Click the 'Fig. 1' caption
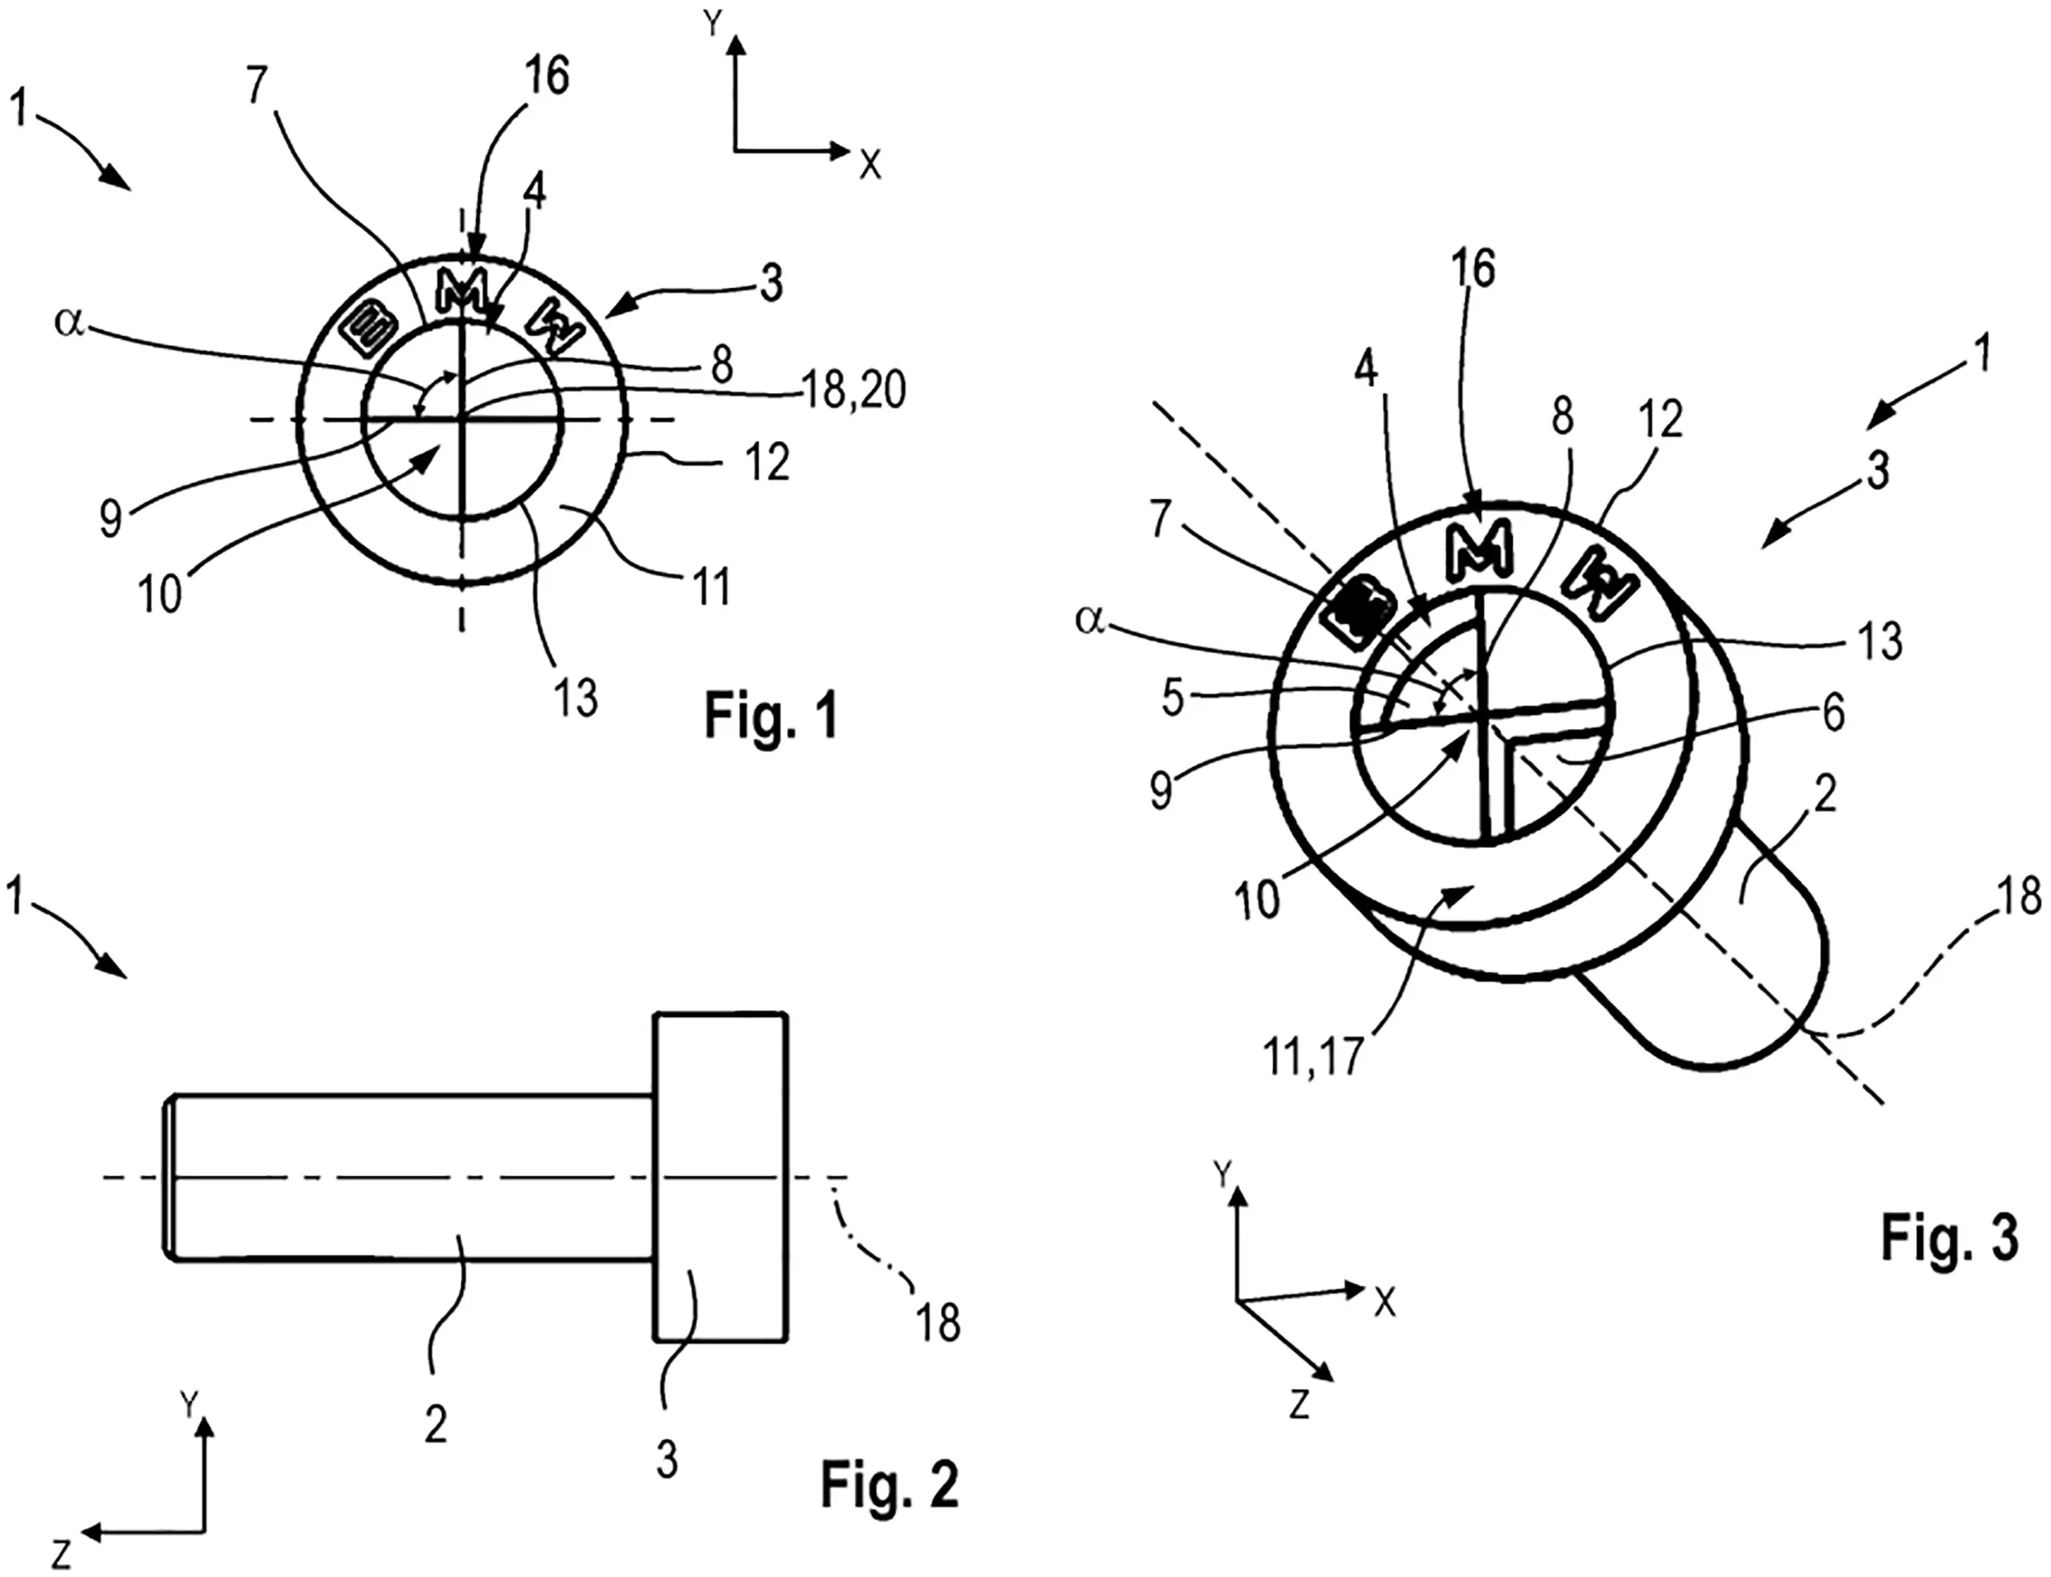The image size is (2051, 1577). click(771, 718)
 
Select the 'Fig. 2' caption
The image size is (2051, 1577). click(890, 1484)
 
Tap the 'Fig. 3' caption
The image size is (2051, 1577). click(1948, 1237)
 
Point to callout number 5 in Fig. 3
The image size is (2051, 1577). click(1174, 700)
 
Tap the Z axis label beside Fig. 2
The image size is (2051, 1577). click(61, 1553)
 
